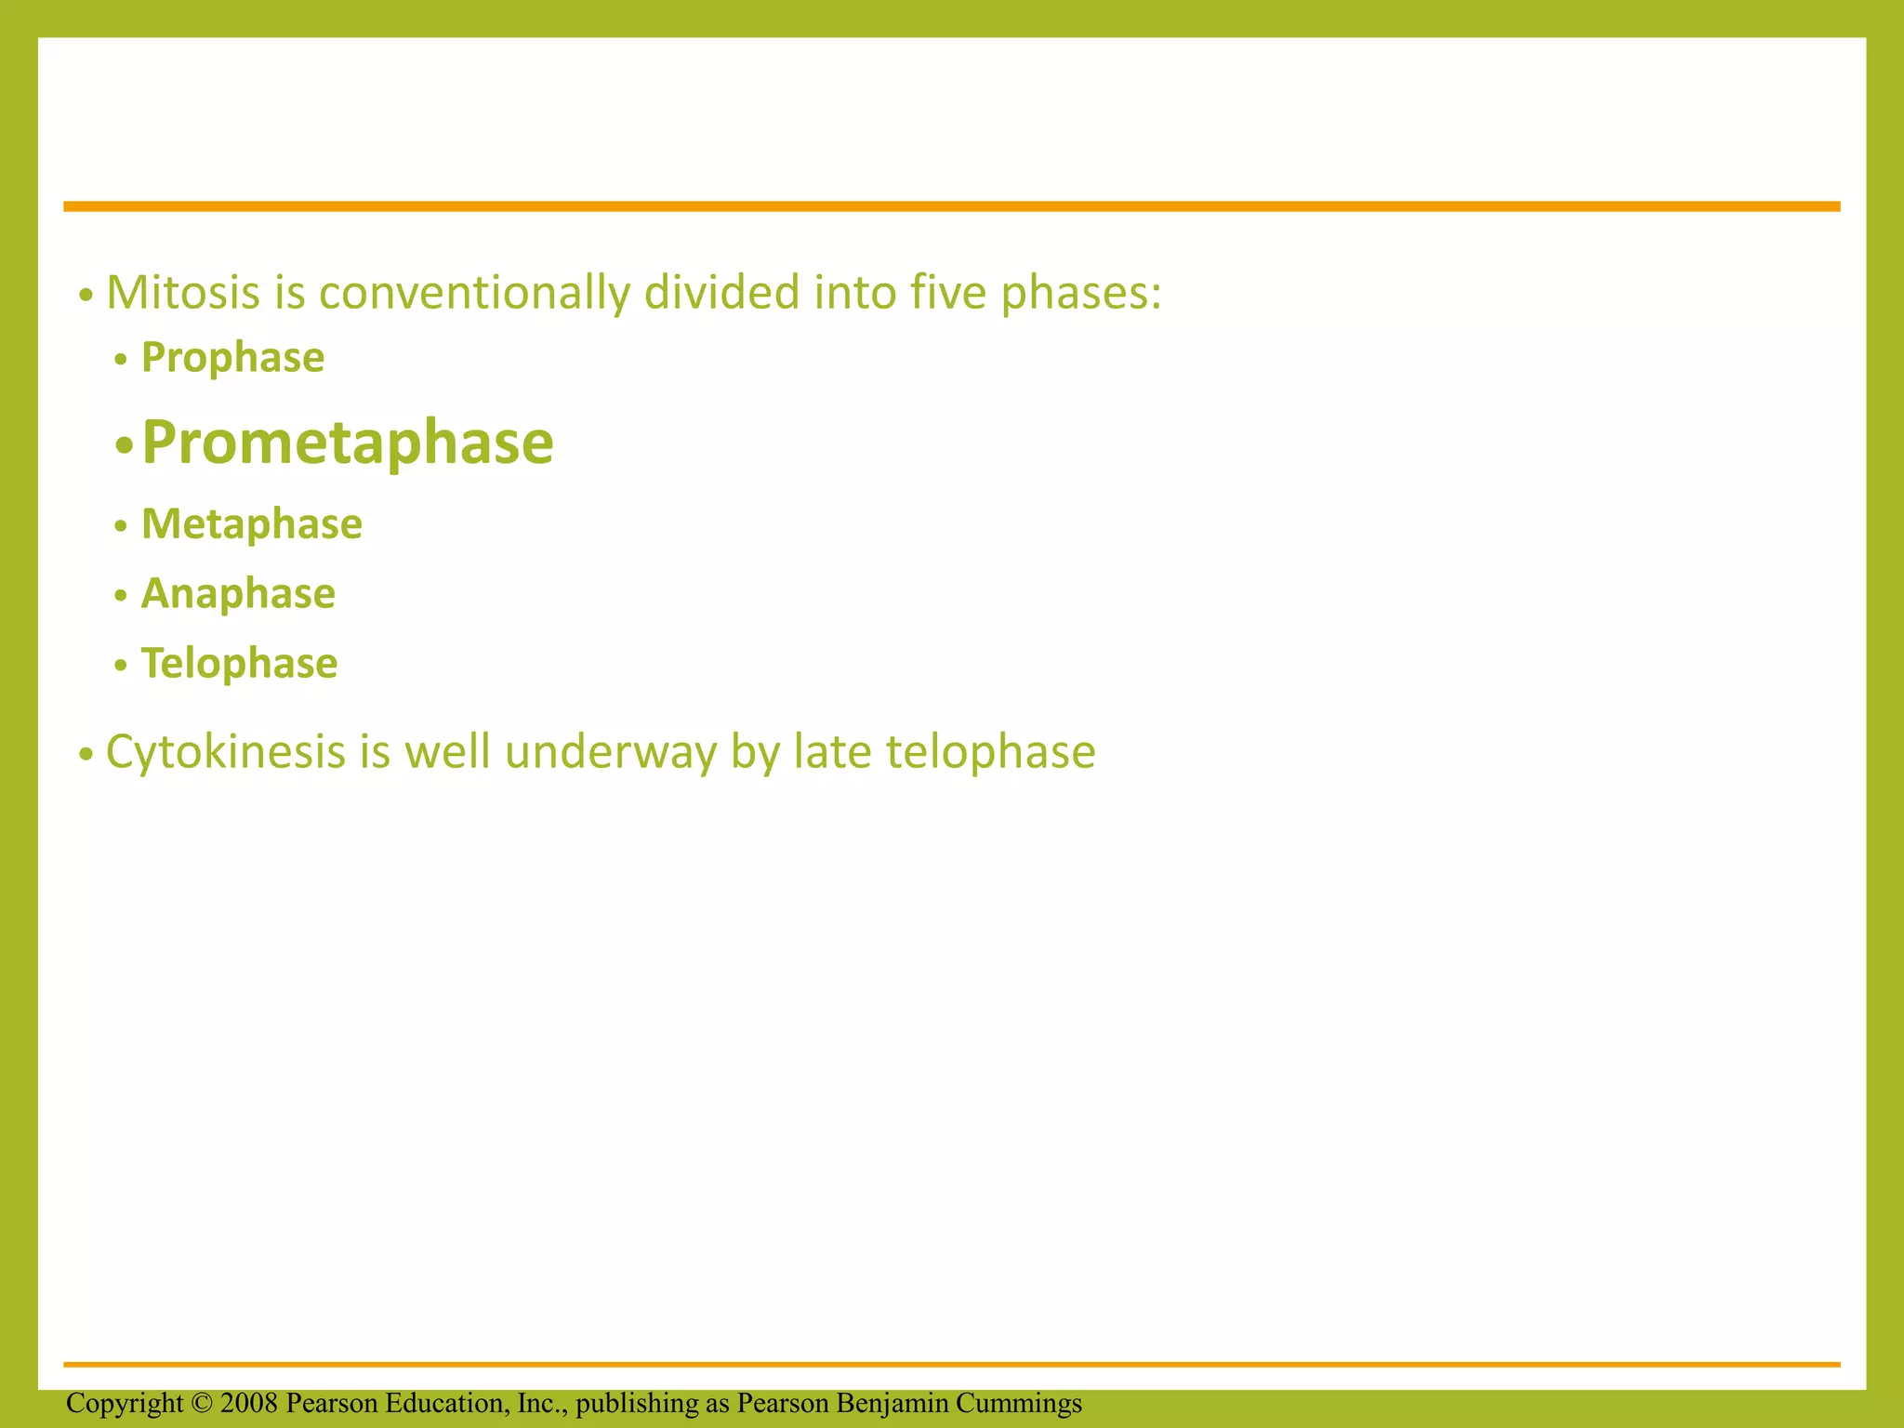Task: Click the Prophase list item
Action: [232, 358]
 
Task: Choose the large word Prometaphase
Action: [347, 443]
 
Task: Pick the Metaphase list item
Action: [251, 524]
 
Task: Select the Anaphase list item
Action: [238, 594]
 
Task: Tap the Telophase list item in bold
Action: [239, 664]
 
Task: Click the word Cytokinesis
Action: [226, 752]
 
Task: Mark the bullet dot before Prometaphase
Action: [124, 446]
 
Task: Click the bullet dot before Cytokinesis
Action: [86, 755]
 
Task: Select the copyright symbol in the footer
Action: [203, 1403]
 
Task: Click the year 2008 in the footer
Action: [249, 1403]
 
